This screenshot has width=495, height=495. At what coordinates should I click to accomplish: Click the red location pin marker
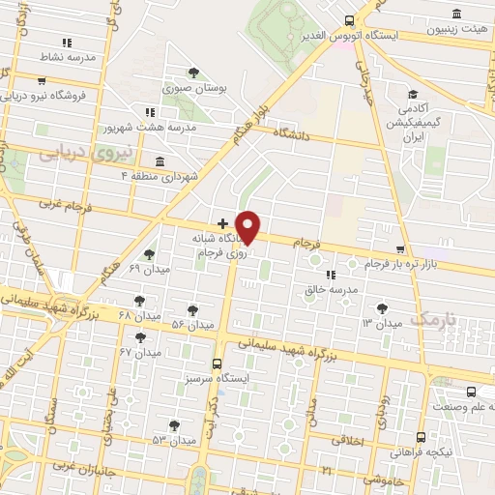(248, 226)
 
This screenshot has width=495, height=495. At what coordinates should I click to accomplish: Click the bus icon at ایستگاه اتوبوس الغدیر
(349, 20)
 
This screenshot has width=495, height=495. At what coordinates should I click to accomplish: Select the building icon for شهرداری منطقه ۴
(159, 161)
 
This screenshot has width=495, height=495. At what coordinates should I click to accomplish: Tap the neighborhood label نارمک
(431, 318)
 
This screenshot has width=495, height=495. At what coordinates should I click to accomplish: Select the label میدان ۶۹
(148, 268)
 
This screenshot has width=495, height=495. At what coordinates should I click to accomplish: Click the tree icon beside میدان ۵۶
(192, 309)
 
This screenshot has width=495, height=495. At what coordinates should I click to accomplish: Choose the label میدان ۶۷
(138, 352)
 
